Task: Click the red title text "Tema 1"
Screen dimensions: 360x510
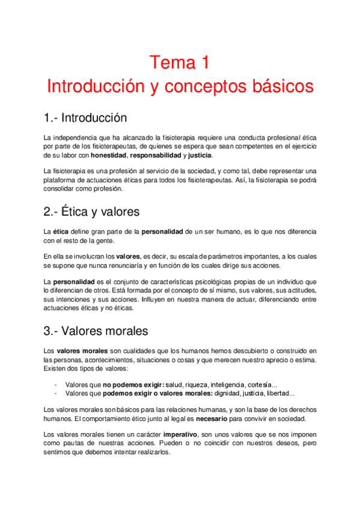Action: [x=179, y=62]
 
